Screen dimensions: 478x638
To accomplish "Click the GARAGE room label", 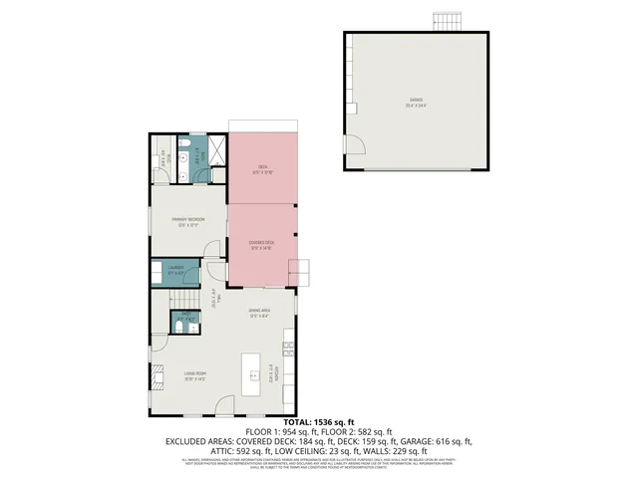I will (417, 102).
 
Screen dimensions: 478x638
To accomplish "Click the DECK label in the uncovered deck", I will (262, 168).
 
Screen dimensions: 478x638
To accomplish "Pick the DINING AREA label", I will (260, 313).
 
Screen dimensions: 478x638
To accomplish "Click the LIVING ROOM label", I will (194, 375).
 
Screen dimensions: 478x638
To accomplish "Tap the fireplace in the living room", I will (156, 375).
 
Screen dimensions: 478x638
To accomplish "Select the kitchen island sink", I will (254, 375).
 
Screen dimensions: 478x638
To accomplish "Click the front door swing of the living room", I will (225, 405).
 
